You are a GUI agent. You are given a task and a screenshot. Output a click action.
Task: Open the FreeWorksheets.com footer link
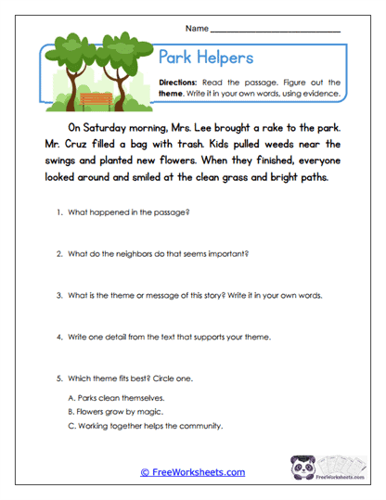pos(193,472)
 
